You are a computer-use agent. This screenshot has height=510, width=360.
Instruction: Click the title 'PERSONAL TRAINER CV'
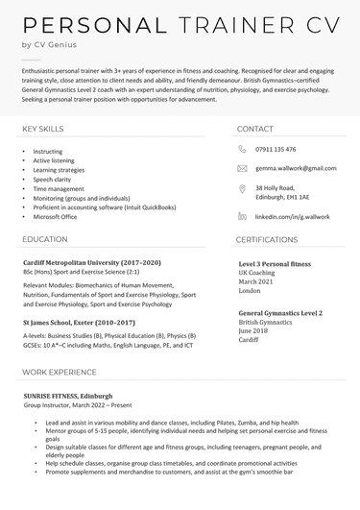179,25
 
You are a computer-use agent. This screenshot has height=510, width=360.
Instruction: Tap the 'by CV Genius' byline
50,45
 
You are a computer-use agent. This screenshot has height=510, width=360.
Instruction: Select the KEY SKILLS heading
43,128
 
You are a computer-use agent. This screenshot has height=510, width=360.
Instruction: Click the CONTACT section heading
254,128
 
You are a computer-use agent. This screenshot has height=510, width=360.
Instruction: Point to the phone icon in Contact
242,149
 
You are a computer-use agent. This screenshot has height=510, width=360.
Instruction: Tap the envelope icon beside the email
242,168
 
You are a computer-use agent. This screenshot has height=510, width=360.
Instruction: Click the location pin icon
242,190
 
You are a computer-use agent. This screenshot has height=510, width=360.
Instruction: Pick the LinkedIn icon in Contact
242,217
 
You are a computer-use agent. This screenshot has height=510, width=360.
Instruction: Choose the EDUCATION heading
45,239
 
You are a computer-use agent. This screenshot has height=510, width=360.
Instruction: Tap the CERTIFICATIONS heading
267,239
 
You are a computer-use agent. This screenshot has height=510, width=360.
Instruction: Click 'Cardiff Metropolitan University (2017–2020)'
92,262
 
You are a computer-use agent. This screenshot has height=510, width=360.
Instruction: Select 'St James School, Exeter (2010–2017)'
80,323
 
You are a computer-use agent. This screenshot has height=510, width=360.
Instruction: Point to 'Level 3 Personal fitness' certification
275,262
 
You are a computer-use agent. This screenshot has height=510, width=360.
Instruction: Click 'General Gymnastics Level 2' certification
279,313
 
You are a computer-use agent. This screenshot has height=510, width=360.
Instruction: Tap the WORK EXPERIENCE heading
60,371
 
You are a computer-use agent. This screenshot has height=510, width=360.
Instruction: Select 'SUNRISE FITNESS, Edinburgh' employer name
68,395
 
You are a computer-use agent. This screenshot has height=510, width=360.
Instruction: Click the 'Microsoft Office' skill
55,216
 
